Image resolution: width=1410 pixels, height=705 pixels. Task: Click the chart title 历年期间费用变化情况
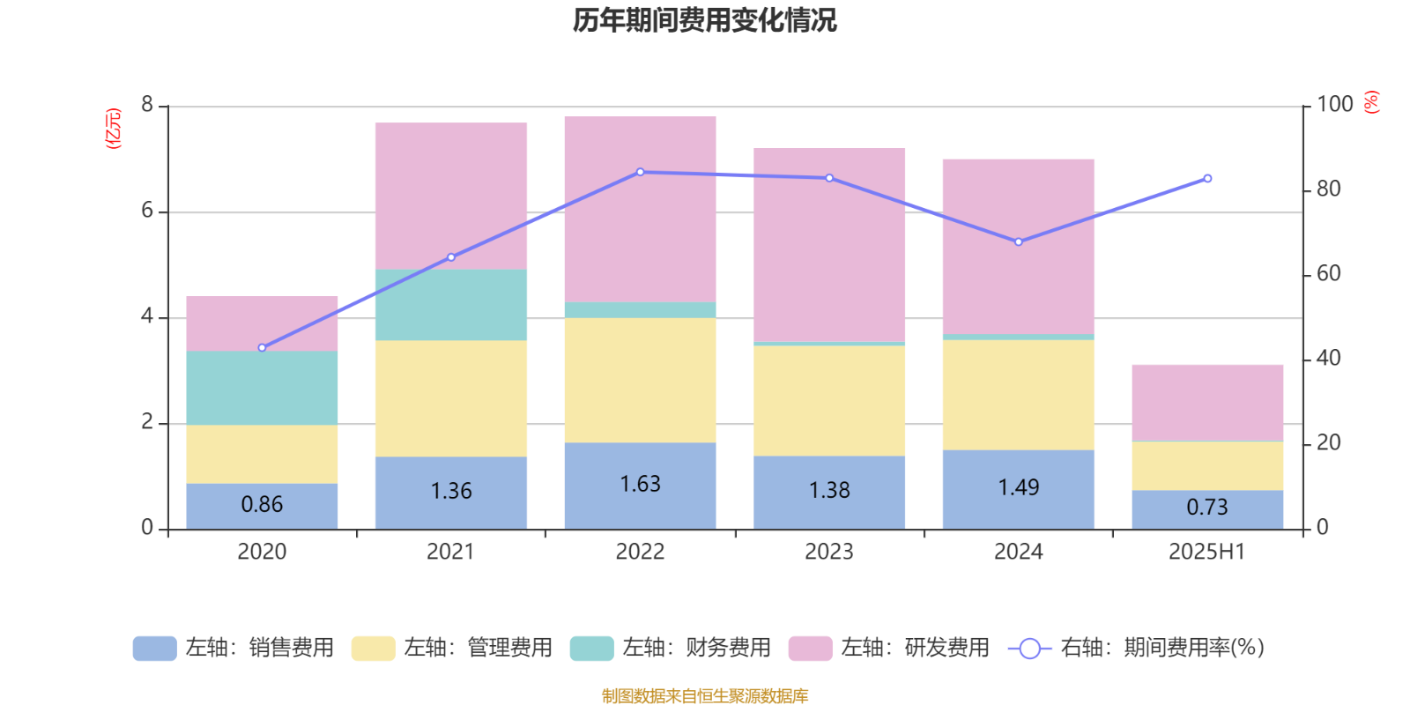pyautogui.click(x=704, y=20)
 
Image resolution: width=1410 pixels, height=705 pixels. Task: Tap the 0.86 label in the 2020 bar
pyautogui.click(x=262, y=505)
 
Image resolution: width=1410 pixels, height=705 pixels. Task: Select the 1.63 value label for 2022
pyautogui.click(x=640, y=485)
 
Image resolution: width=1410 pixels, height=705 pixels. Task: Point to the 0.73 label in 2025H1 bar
pyautogui.click(x=1206, y=508)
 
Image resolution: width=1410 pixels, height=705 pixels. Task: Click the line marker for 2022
pyautogui.click(x=640, y=172)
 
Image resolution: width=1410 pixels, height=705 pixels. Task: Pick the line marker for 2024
pyautogui.click(x=1018, y=241)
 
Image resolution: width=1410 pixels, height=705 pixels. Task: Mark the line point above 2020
pyautogui.click(x=262, y=348)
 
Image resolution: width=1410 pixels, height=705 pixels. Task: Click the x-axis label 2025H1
pyautogui.click(x=1206, y=553)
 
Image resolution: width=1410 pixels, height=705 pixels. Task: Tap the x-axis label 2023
pyautogui.click(x=828, y=553)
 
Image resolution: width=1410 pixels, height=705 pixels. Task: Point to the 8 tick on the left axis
pyautogui.click(x=147, y=105)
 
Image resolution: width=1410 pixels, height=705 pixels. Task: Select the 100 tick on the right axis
pyautogui.click(x=1334, y=105)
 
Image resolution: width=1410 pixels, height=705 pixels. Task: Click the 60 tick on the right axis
pyautogui.click(x=1328, y=274)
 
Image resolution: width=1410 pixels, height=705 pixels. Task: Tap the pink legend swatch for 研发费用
pyautogui.click(x=810, y=649)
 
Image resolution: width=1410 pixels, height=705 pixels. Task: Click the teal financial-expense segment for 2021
pyautogui.click(x=450, y=305)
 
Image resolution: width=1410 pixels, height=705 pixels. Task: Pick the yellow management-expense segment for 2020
pyautogui.click(x=262, y=454)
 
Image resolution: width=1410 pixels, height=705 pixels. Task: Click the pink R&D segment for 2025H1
pyautogui.click(x=1206, y=402)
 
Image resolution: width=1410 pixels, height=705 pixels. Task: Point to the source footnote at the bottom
pyautogui.click(x=704, y=696)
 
